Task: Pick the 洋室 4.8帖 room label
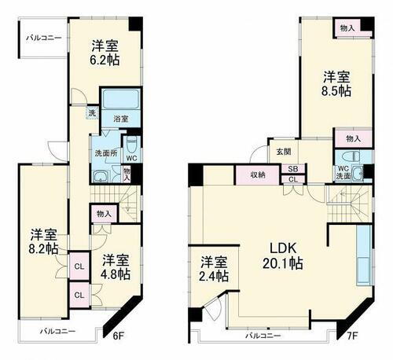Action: [x=115, y=266]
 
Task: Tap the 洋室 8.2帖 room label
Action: [x=43, y=241]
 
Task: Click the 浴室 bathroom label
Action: [x=121, y=119]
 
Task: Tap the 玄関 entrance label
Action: [x=283, y=152]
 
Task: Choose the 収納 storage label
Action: [x=258, y=174]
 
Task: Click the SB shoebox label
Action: [x=292, y=169]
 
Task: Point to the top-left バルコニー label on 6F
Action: [x=43, y=38]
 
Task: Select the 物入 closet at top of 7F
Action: [x=347, y=28]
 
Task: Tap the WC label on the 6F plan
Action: [x=132, y=157]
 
